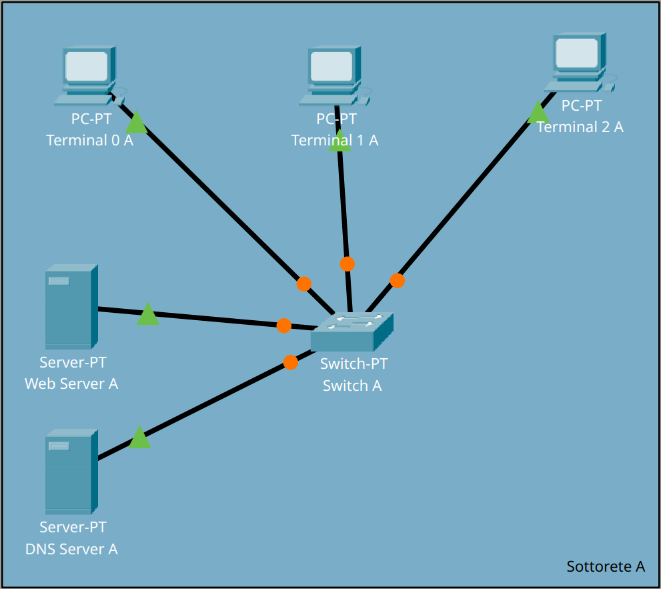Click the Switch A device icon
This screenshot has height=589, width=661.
pos(352,332)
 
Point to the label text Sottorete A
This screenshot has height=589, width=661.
pos(606,566)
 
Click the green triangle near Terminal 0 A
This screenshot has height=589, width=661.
pos(137,123)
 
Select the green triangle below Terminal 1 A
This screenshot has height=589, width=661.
pos(340,141)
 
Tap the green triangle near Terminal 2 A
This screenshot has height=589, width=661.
pos(538,113)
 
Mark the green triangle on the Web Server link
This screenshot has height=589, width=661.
pos(148,315)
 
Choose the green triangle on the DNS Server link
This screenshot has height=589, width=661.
pos(139,438)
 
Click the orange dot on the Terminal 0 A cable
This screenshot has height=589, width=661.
pos(304,284)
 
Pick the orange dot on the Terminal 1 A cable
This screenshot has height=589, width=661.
pos(347,264)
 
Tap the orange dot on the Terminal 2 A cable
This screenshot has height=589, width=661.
pos(398,281)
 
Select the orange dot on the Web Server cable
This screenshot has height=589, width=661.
pos(284,326)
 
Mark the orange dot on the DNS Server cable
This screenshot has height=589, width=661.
pos(291,362)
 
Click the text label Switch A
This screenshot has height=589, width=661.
pos(352,386)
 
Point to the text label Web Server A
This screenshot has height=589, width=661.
pos(71,384)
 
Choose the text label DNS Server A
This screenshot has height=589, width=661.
pos(71,549)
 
